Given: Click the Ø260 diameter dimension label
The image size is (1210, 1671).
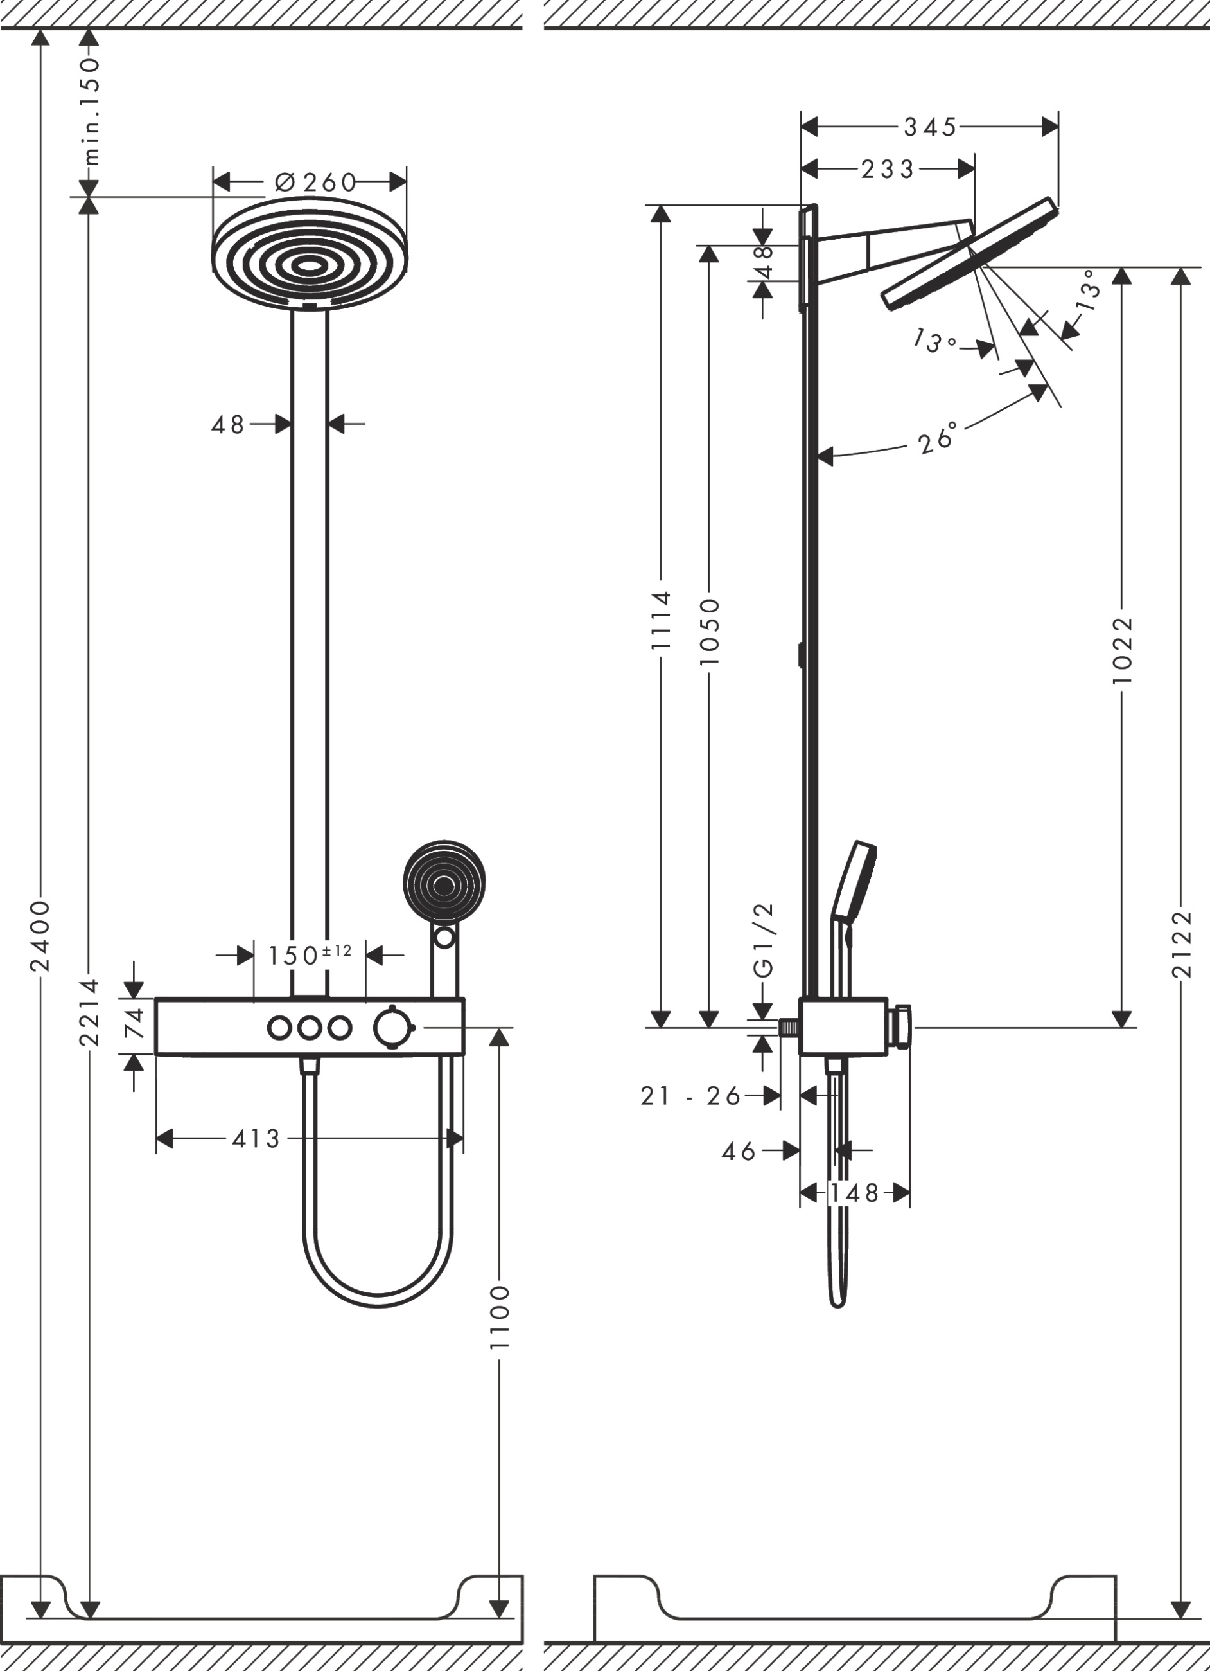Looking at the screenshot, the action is click(x=315, y=182).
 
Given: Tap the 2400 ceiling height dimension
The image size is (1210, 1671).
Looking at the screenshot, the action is click(x=40, y=936).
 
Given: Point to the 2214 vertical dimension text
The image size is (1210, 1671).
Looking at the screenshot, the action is click(x=89, y=1012).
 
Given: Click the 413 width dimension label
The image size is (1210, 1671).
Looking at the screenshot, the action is click(x=256, y=1139).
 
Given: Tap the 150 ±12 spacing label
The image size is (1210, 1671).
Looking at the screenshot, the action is click(x=310, y=956).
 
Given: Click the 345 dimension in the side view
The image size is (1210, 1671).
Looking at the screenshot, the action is click(x=930, y=127).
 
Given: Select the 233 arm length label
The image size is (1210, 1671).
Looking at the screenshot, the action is click(x=888, y=170).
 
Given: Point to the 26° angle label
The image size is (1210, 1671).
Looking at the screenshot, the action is click(x=938, y=438).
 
